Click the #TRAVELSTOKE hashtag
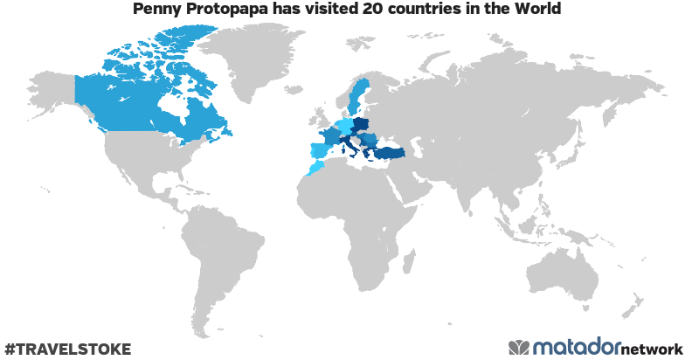[x=67, y=349]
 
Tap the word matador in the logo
[x=578, y=347]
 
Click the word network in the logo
[x=652, y=349]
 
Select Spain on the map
[x=320, y=150]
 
